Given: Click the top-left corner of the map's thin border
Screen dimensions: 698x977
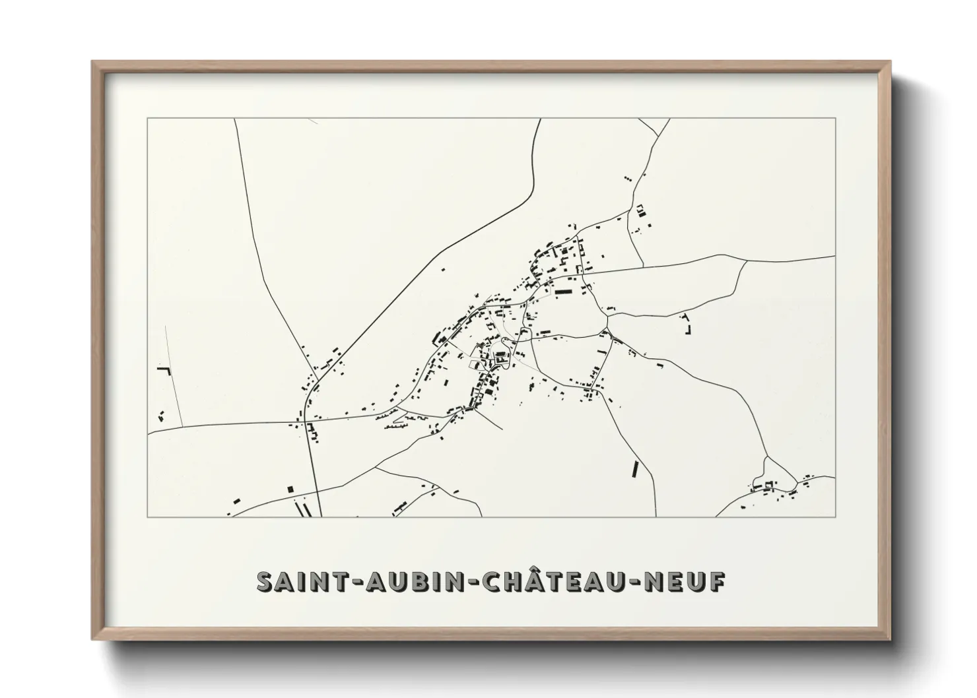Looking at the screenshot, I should click(x=148, y=119).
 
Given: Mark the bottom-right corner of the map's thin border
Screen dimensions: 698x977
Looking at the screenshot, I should click(x=835, y=517).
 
